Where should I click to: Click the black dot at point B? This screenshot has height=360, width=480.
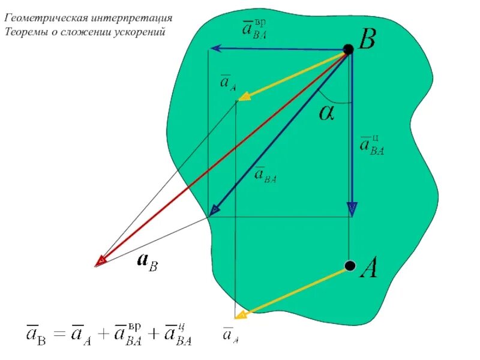pos(348,49)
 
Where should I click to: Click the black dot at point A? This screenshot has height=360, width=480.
pos(350,265)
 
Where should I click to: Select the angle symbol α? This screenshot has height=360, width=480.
pos(326,112)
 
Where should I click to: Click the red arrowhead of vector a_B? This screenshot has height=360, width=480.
pos(101,261)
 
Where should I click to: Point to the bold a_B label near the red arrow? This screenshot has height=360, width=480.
pos(148,261)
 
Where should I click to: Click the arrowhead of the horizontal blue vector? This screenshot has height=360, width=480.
pos(214,49)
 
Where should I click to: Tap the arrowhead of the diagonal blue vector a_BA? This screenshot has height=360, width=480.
pos(214,209)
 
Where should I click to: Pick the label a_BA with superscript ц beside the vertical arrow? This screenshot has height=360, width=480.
pos(372,144)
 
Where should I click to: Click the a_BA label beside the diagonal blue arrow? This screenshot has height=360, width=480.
pos(266,174)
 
